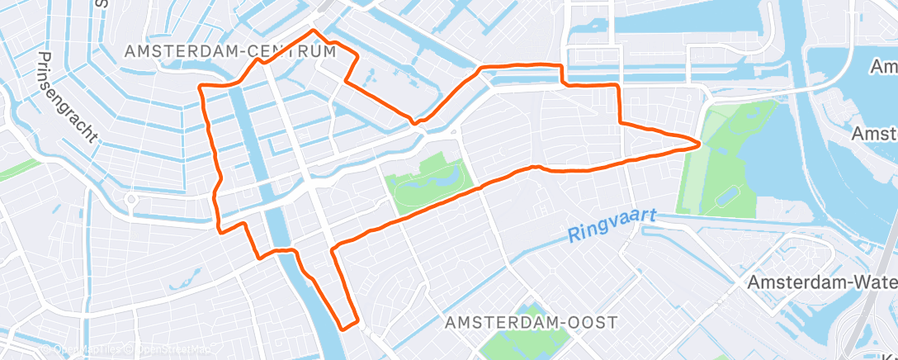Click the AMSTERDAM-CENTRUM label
point(230,51)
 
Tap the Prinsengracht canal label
point(69,98)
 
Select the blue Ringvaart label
point(612,225)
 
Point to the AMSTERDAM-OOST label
point(530,323)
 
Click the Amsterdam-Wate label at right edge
point(822,282)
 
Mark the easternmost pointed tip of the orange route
point(700,144)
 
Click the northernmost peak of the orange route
point(313,31)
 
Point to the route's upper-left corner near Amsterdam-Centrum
point(201,87)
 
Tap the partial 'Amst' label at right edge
point(874,134)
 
